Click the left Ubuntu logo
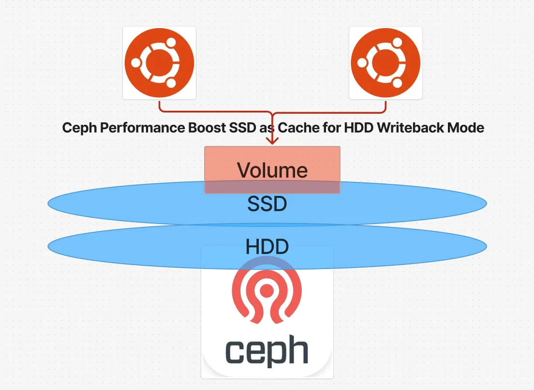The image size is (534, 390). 159,63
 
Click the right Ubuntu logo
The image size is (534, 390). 386,63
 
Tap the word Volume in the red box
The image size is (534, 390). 272,170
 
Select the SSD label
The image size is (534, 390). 267,204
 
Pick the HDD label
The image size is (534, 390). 267,247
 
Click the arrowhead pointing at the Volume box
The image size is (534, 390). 272,141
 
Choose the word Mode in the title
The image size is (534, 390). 468,128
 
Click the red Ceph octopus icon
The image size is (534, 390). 267,290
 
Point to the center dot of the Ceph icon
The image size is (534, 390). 267,290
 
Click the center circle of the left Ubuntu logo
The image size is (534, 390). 159,63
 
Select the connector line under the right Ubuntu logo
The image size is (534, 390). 386,106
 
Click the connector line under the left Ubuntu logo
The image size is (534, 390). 160,106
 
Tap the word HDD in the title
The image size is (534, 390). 358,128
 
